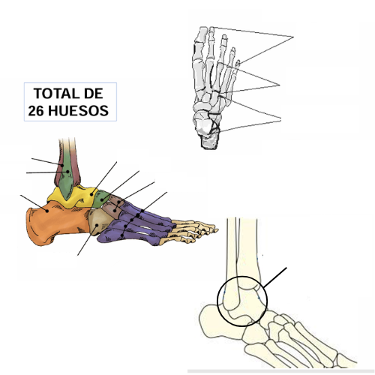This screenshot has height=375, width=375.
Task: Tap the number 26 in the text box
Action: click(36, 111)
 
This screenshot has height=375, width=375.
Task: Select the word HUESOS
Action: click(78, 111)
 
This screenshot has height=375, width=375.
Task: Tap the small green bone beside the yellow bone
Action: click(100, 198)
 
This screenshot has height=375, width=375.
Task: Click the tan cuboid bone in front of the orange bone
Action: click(100, 221)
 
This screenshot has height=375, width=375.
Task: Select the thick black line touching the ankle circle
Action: click(274, 277)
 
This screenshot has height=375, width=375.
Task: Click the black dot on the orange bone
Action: click(47, 211)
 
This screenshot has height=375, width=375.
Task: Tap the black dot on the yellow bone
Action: click(91, 195)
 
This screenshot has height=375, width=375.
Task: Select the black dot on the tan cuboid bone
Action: click(97, 225)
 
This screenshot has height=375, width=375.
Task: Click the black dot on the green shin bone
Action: click(67, 172)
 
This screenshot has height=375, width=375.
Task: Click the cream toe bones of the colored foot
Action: click(191, 230)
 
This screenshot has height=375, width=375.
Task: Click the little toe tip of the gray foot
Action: click(238, 62)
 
